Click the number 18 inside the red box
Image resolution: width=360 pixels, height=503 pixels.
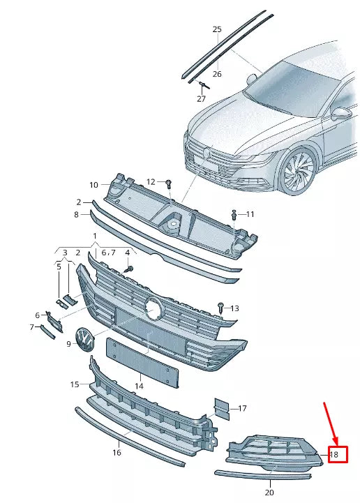pos(334,454)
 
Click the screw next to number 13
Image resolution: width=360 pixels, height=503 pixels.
pos(220,306)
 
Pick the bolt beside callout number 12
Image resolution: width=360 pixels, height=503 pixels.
pos(169,183)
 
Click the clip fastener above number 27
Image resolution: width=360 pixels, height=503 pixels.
pos(203,86)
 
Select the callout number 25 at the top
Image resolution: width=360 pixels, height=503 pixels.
pos(217,29)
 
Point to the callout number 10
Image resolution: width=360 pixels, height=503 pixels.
pos(93,185)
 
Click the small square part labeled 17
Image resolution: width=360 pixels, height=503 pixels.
pos(221,409)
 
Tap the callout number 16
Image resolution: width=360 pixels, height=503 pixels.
pos(117,453)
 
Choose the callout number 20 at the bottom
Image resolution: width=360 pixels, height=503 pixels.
pos(269,493)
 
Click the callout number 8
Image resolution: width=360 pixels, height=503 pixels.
pos(77,216)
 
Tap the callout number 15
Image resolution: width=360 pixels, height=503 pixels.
pos(75,384)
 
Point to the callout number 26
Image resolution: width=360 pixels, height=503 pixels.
pos(217,74)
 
